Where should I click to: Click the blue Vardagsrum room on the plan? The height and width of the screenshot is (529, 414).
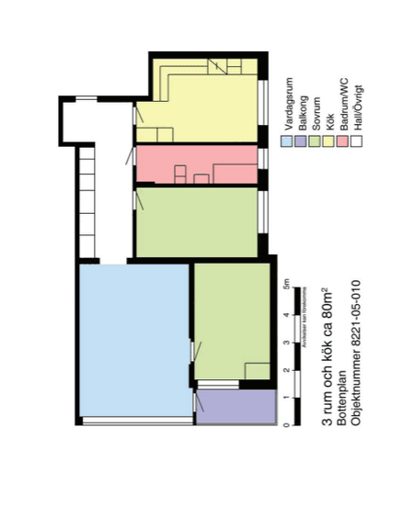(133, 340)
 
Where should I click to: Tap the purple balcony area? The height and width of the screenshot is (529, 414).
(236, 406)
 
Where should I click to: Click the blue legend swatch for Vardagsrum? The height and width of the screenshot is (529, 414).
(287, 141)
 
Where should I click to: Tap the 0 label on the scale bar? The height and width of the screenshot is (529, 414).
(287, 425)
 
